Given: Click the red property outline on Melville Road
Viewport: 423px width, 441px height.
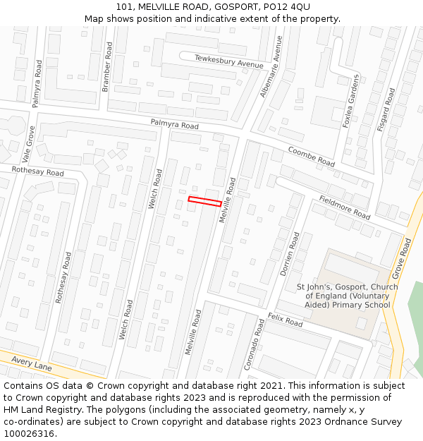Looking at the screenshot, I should pos(205,201).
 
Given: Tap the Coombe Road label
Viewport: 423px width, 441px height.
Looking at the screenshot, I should pos(311,156).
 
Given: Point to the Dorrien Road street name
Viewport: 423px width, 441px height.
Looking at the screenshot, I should pos(290,254).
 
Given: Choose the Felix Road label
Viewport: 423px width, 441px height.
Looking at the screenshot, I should pos(285,321).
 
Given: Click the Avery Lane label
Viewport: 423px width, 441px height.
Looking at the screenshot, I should pos(31,364).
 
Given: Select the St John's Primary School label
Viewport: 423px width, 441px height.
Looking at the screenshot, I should pos(347,296).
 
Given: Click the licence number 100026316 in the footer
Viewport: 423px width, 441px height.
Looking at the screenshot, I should pos(29,433).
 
